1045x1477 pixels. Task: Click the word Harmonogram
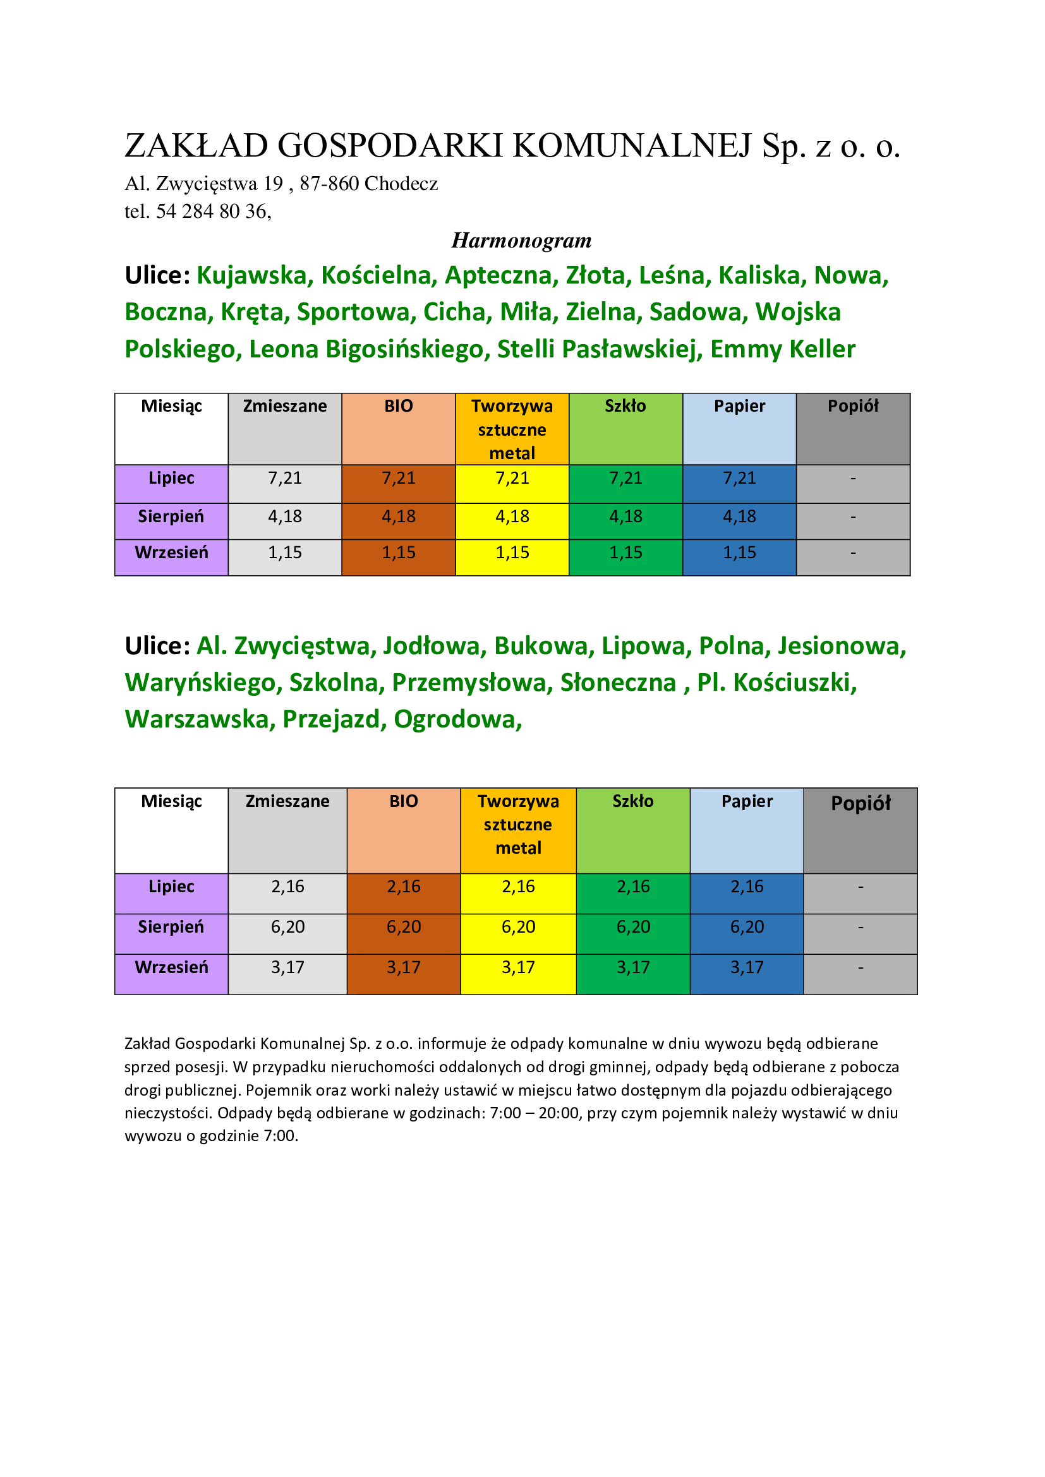(x=521, y=240)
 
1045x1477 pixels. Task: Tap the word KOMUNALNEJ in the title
(x=632, y=145)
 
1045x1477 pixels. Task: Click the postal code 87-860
(x=329, y=183)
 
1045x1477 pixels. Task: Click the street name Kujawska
(x=251, y=275)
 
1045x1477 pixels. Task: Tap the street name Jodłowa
(x=434, y=646)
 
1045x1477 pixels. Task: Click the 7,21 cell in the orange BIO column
(x=398, y=478)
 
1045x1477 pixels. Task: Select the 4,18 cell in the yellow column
(x=512, y=516)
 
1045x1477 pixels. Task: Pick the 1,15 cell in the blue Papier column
(x=739, y=552)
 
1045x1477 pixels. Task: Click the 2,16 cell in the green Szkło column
(x=633, y=887)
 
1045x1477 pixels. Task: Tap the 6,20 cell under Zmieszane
(x=287, y=926)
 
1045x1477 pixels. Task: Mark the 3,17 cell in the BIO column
(x=404, y=967)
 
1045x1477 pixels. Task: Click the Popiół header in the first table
(x=852, y=406)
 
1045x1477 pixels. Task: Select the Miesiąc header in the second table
(x=171, y=801)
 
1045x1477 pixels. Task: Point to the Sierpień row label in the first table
(x=171, y=516)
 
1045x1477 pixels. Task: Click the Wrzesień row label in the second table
(x=171, y=967)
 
